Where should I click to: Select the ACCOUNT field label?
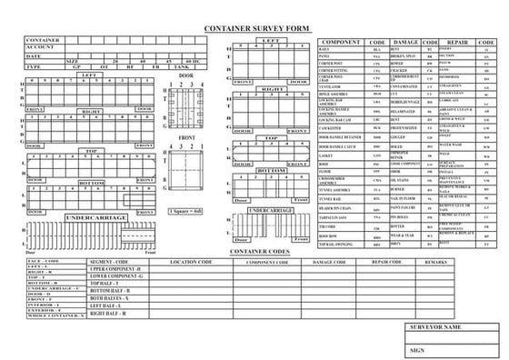pyautogui.click(x=41, y=49)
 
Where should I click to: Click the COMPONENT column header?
pyautogui.click(x=342, y=43)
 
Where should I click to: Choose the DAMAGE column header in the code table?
pyautogui.click(x=404, y=43)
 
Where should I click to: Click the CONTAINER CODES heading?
pyautogui.click(x=260, y=251)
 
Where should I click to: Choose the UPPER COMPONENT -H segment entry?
pyautogui.click(x=115, y=270)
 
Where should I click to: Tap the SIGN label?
pyautogui.click(x=418, y=349)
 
